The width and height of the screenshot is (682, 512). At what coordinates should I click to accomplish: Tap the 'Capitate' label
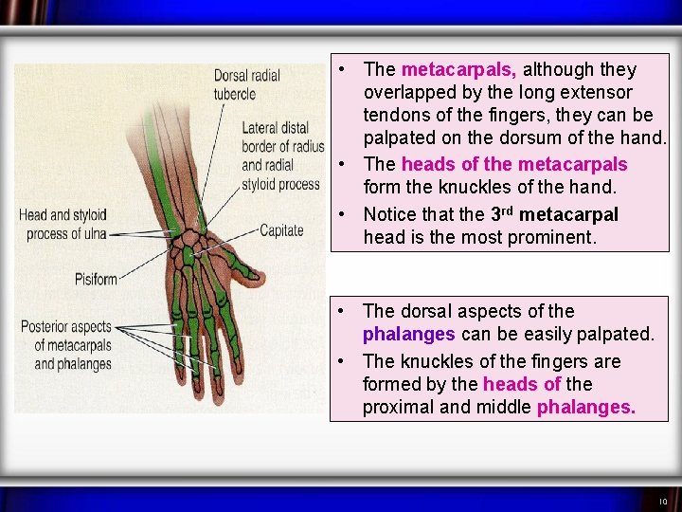(x=281, y=230)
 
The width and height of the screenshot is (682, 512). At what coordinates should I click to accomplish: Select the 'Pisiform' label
(x=96, y=279)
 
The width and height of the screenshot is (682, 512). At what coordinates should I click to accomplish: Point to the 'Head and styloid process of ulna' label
(x=63, y=224)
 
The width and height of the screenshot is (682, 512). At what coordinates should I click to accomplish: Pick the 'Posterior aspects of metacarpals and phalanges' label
(x=66, y=345)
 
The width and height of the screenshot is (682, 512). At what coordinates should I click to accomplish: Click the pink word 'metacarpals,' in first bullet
(x=459, y=69)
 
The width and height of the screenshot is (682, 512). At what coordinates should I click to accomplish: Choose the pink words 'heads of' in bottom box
(x=522, y=384)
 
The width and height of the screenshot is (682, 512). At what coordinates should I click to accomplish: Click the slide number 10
(x=663, y=502)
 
